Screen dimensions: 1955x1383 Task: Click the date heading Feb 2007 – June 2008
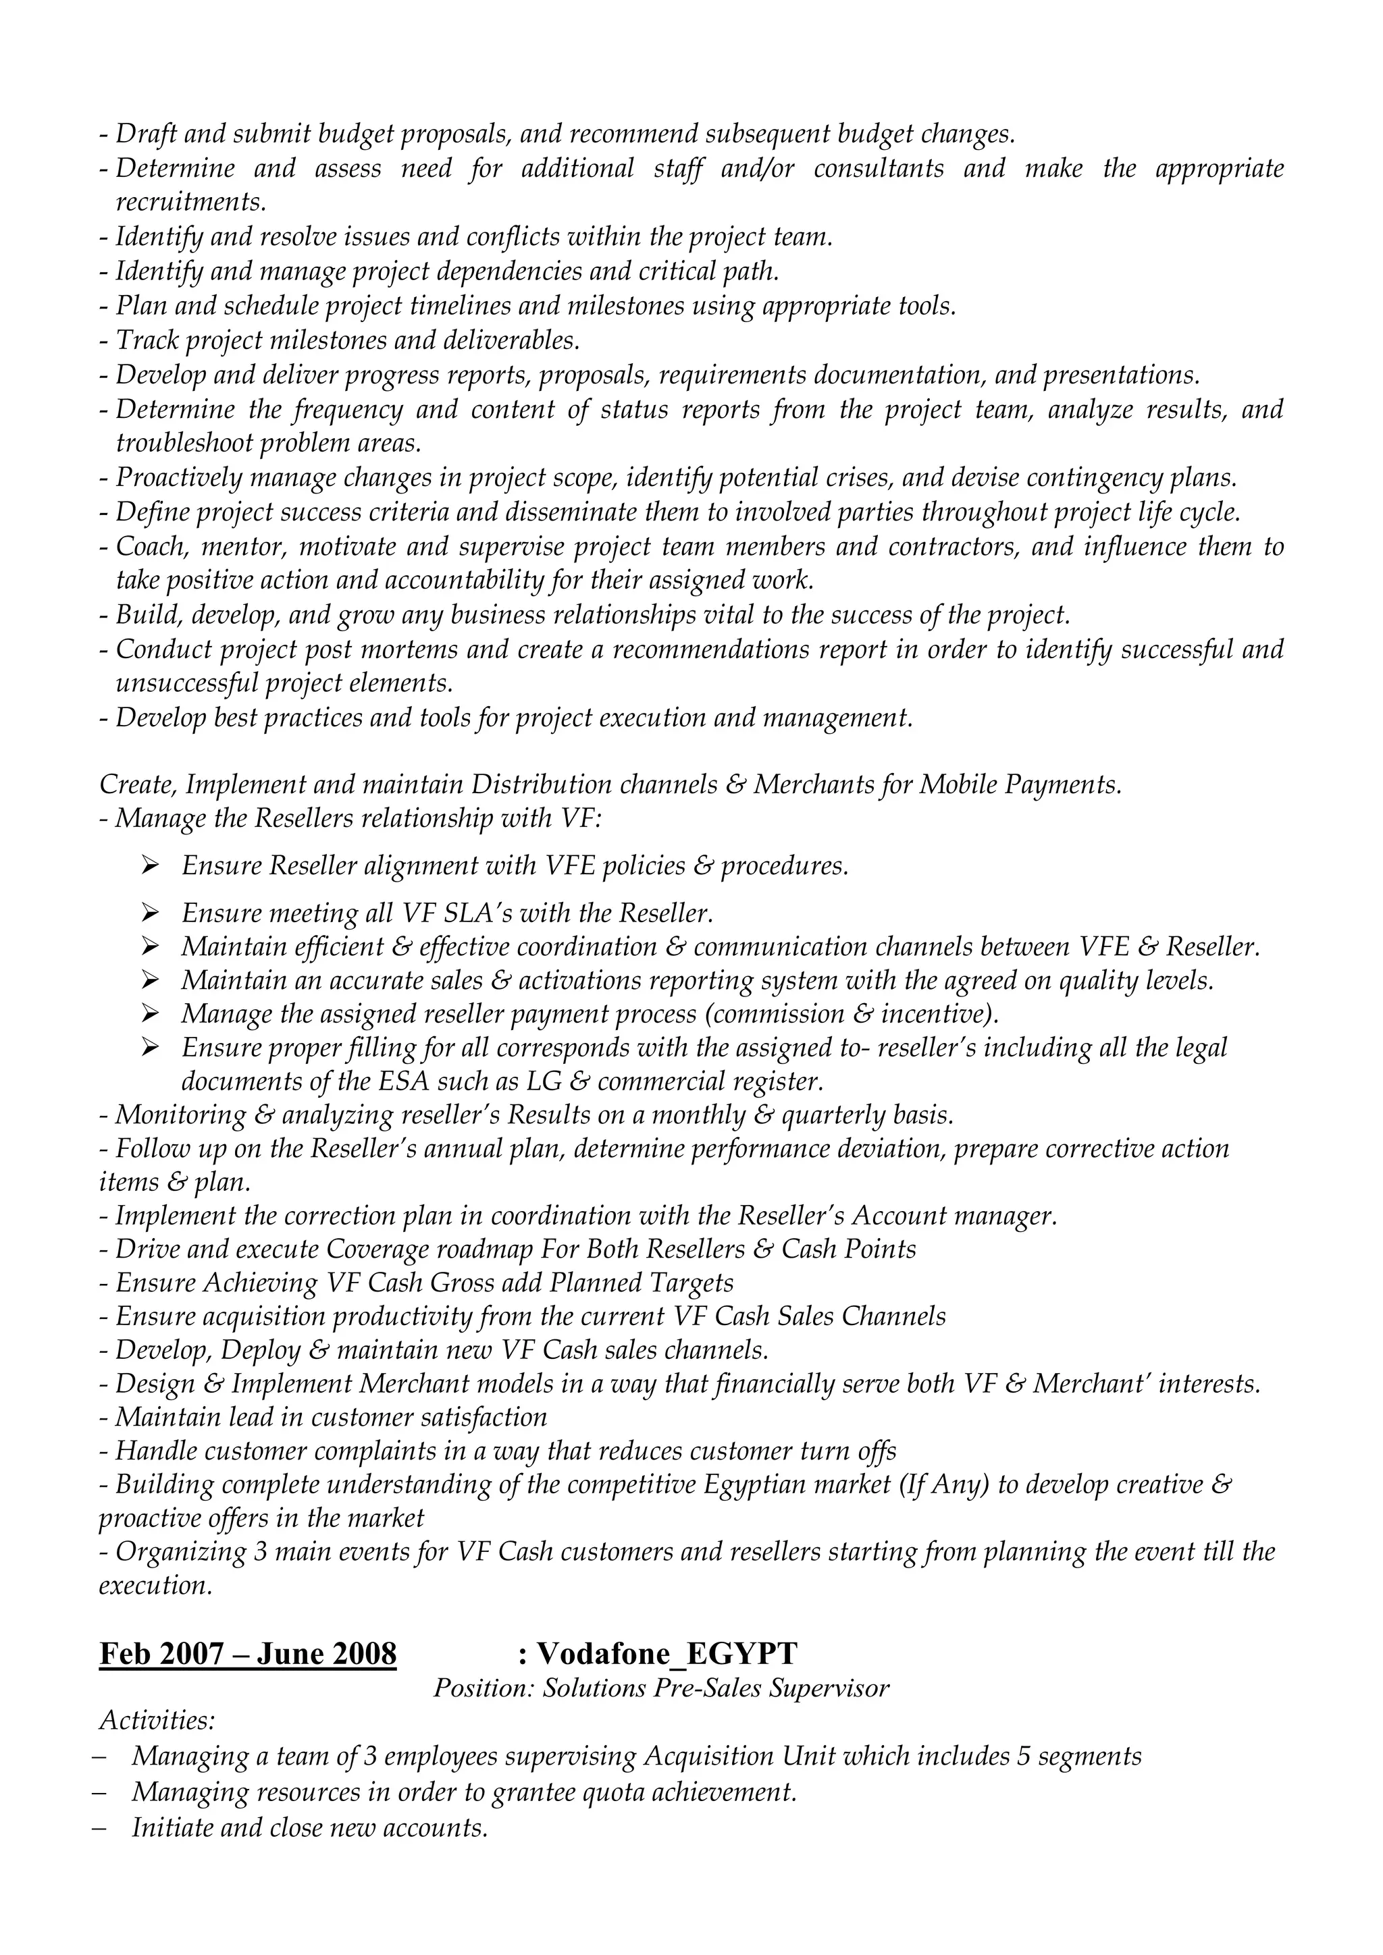248,1653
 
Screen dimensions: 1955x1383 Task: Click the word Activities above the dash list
157,1721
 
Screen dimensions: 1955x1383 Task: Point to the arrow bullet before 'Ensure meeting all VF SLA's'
151,913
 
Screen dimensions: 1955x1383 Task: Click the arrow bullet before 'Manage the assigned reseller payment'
151,1014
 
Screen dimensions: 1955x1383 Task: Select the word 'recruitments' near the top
190,203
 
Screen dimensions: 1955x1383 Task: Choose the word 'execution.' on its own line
155,1586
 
